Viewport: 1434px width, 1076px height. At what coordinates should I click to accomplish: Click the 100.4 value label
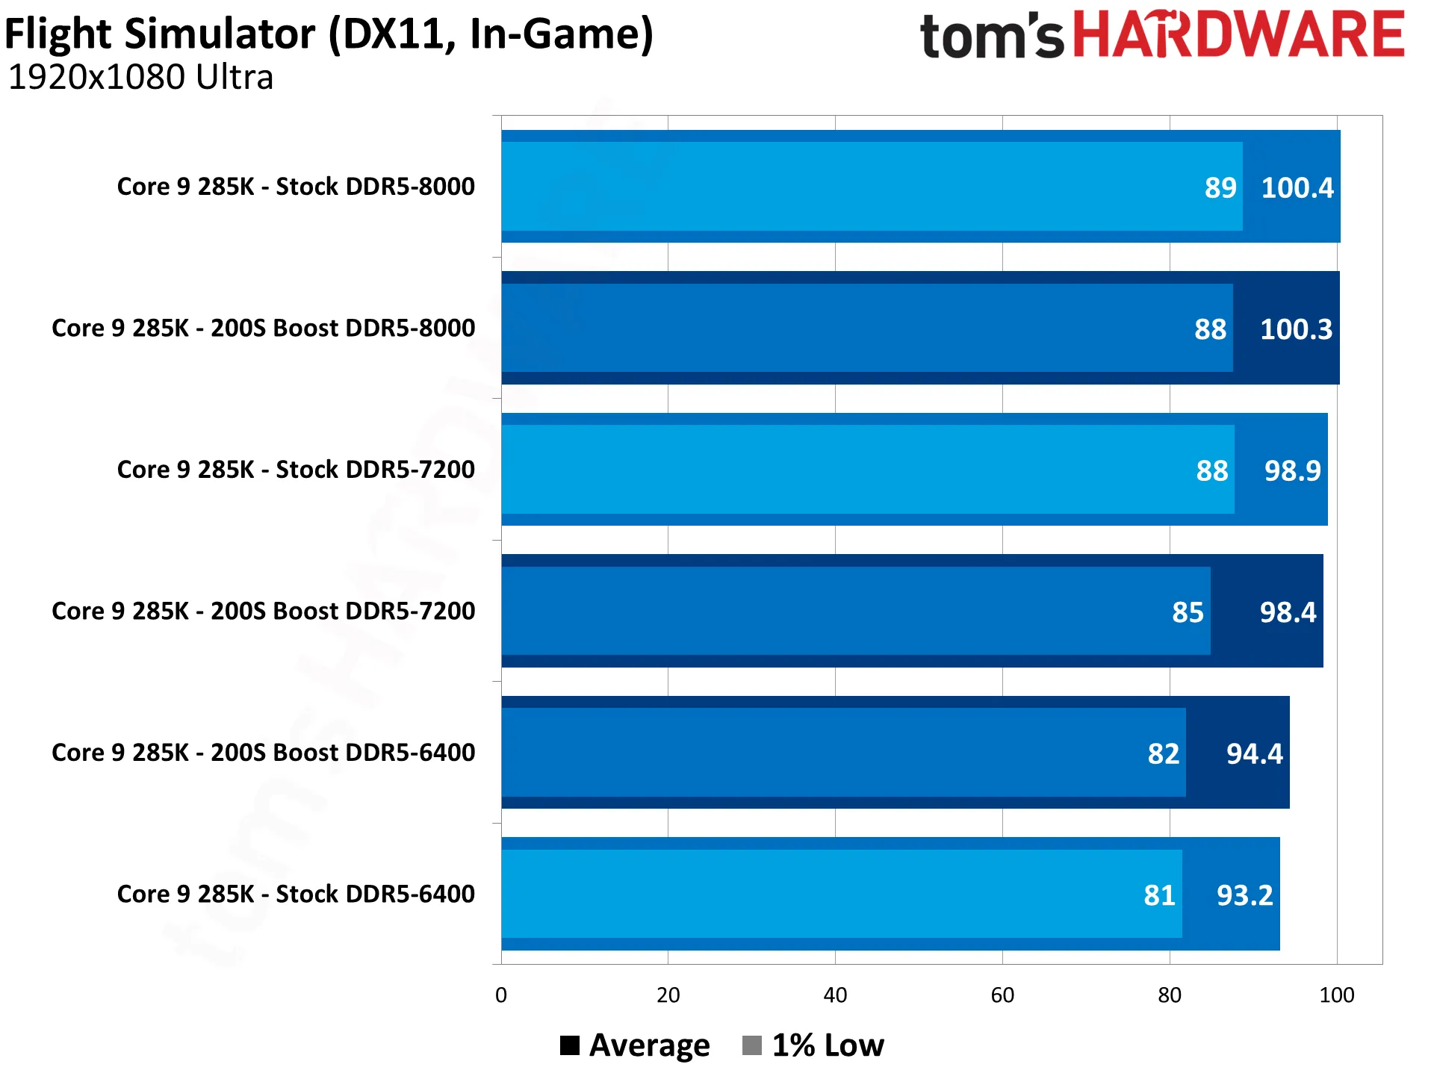click(x=1297, y=187)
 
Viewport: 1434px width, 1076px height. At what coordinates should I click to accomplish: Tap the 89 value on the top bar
click(x=1220, y=187)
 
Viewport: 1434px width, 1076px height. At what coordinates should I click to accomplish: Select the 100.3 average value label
click(x=1296, y=329)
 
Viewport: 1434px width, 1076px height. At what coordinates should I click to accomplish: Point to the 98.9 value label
click(x=1292, y=470)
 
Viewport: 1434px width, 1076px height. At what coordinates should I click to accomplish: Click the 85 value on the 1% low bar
click(x=1188, y=612)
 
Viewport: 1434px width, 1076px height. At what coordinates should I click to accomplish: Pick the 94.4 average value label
click(x=1255, y=753)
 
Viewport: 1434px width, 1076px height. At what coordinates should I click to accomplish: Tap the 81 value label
click(x=1159, y=895)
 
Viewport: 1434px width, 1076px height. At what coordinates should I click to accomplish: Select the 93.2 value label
click(x=1245, y=895)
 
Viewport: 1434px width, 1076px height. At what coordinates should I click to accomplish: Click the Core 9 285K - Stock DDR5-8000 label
click(x=296, y=186)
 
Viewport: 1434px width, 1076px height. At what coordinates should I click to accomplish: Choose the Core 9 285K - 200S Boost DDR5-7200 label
click(x=263, y=611)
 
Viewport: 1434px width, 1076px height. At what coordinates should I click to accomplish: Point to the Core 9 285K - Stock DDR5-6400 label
click(x=296, y=894)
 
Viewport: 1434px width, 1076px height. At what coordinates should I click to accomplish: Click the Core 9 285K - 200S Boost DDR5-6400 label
click(x=263, y=752)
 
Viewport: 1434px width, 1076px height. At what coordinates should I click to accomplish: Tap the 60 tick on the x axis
click(x=1002, y=995)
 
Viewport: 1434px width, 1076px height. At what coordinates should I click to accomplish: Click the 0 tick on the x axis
click(x=501, y=995)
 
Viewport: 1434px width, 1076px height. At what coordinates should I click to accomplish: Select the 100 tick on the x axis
click(x=1337, y=995)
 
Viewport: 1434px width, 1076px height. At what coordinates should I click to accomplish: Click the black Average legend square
click(x=570, y=1045)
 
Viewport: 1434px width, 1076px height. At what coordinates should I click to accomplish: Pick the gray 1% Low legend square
click(x=752, y=1045)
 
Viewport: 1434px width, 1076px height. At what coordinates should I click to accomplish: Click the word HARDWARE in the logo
click(x=1239, y=34)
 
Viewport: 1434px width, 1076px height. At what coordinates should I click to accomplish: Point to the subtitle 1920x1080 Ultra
click(x=140, y=78)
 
